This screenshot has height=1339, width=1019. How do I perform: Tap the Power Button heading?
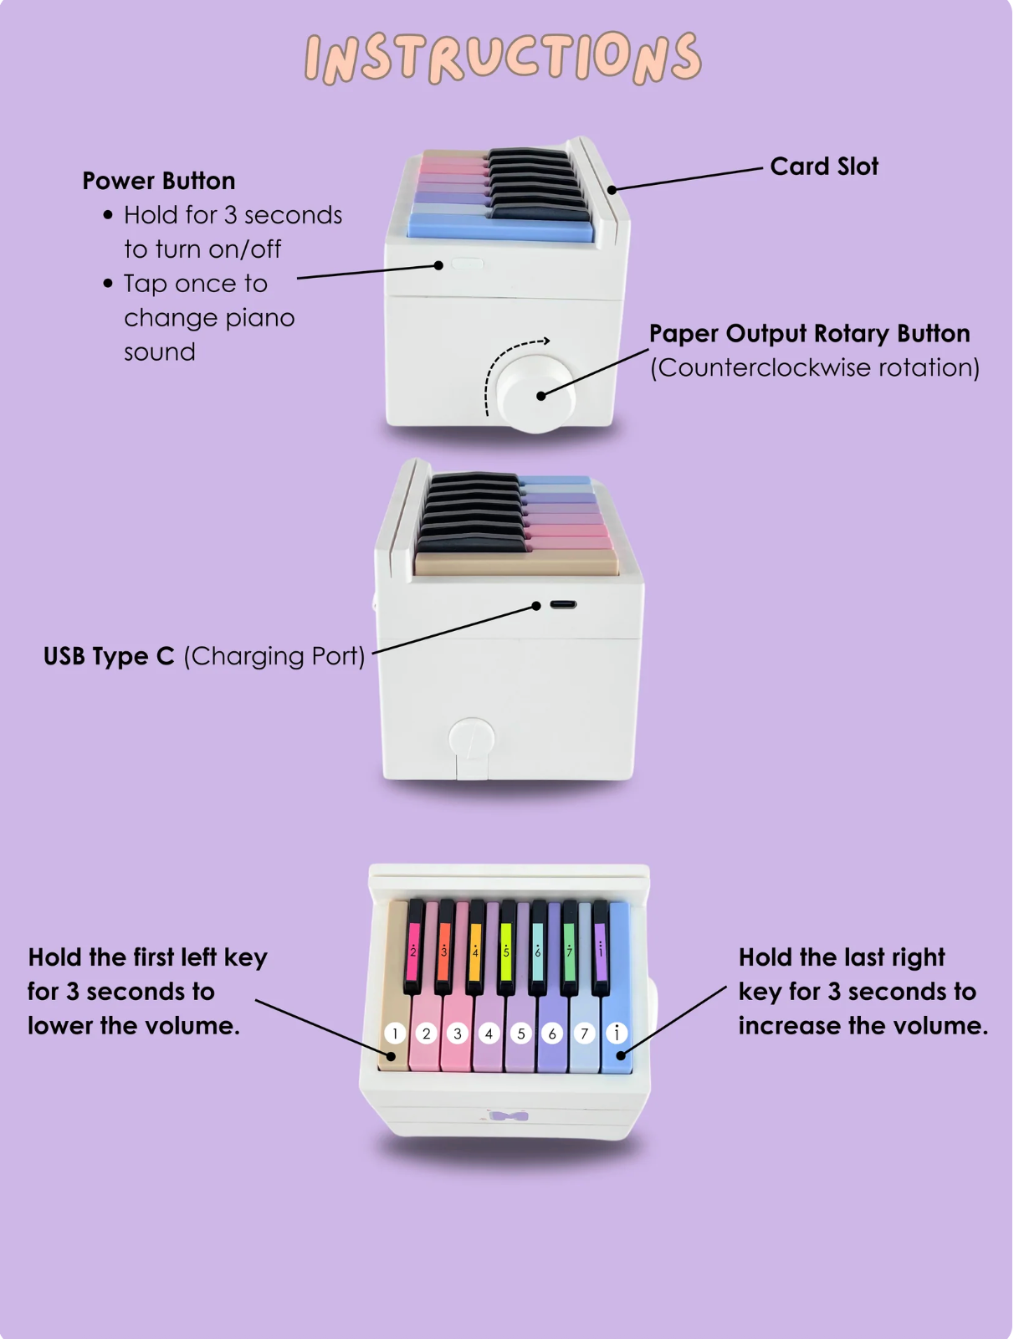(159, 181)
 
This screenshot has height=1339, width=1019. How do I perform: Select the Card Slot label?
(824, 167)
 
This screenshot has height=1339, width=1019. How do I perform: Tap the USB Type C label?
(109, 656)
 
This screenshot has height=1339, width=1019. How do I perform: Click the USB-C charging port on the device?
(563, 604)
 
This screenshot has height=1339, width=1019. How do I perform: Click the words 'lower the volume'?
(133, 1026)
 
